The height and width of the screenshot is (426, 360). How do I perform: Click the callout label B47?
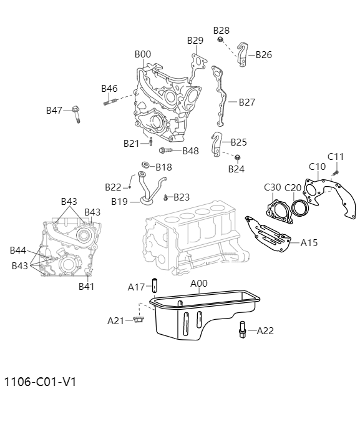[x=54, y=111]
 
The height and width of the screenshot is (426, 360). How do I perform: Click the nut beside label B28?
[x=221, y=41]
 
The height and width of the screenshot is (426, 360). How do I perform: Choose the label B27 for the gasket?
[x=246, y=102]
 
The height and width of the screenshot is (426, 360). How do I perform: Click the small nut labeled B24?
[x=237, y=157]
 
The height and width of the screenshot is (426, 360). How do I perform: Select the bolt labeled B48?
[x=165, y=151]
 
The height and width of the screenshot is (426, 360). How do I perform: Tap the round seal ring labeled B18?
[x=144, y=166]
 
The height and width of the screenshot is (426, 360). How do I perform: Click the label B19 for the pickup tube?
[x=119, y=201]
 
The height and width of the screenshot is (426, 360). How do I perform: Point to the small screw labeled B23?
[x=165, y=198]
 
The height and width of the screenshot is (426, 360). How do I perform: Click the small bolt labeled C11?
[x=335, y=170]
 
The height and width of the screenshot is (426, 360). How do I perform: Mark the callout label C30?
[x=273, y=187]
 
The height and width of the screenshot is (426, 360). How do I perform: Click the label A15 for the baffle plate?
[x=309, y=242]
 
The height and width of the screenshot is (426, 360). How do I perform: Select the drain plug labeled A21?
[x=138, y=320]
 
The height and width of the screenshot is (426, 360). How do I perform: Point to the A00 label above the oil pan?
[x=198, y=284]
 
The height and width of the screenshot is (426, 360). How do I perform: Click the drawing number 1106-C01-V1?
[x=40, y=381]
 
